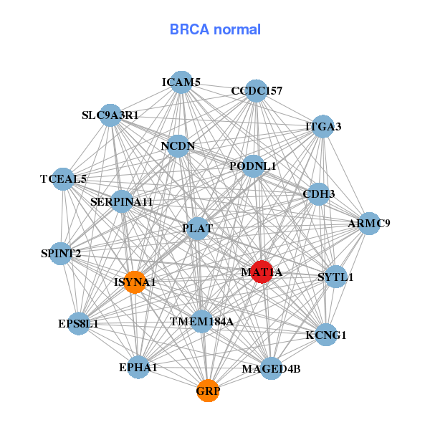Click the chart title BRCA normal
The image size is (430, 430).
point(215,29)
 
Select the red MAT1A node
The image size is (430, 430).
point(262,272)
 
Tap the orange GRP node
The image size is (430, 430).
point(208,391)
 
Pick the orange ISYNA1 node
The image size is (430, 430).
point(134,282)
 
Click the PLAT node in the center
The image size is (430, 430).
point(197,229)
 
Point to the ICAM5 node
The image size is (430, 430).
point(181,82)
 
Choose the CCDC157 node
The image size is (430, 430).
point(256,91)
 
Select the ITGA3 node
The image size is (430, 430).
point(323,127)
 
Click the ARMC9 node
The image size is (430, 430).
point(369,224)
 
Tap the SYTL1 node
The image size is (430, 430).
point(335,277)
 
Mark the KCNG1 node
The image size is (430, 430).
point(326,335)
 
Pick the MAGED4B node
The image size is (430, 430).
point(271,369)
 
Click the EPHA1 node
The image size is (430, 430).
point(138,368)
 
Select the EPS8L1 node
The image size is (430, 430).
point(78,324)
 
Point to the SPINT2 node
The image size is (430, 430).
point(61,254)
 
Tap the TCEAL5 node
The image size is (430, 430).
point(63,179)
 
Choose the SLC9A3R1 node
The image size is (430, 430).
point(110,115)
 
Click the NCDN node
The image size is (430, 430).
point(178,146)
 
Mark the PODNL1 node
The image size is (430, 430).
point(253,166)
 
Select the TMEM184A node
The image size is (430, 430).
point(201,322)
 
